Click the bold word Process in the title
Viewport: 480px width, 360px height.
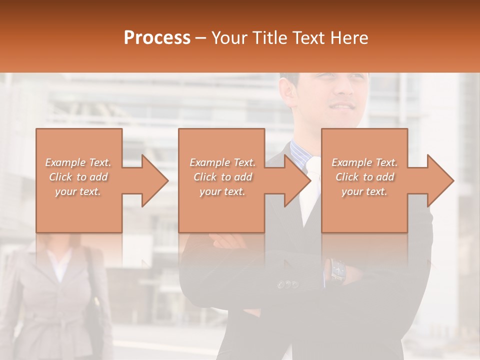click(x=157, y=38)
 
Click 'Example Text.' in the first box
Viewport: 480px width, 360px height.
click(x=78, y=162)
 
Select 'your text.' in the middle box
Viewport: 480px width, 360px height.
click(x=222, y=191)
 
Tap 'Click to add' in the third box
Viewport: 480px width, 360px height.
click(x=364, y=177)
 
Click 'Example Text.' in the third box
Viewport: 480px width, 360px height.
click(x=364, y=162)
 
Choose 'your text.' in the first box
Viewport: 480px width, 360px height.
click(x=78, y=191)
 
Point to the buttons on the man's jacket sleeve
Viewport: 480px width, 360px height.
click(x=288, y=284)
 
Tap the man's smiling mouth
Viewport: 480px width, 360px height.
click(x=343, y=106)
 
